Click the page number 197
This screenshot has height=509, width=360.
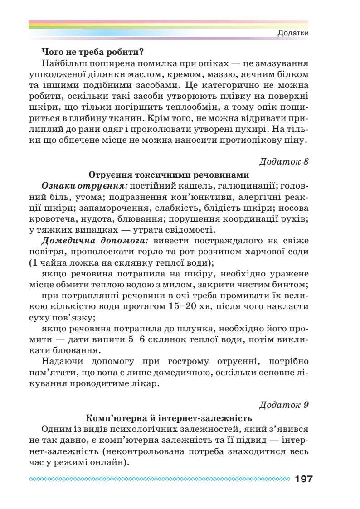click(x=303, y=479)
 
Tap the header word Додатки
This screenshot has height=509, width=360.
click(x=293, y=34)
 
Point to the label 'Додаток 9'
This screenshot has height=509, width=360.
click(x=284, y=404)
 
